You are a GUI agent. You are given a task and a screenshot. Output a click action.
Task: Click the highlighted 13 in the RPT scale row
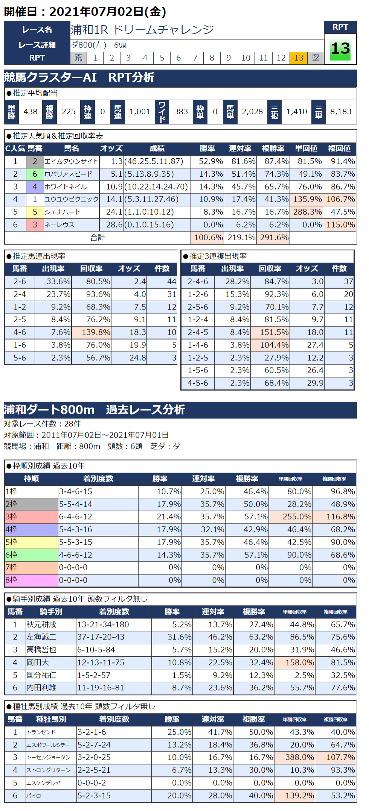299,58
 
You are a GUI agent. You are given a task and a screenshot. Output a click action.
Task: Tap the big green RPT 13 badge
340,49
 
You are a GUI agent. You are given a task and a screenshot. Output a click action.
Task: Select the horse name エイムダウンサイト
72,161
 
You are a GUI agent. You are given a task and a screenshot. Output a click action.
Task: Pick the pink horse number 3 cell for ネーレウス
35,225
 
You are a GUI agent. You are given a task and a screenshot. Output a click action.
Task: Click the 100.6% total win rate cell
207,238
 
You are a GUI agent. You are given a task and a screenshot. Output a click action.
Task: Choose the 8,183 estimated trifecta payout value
340,112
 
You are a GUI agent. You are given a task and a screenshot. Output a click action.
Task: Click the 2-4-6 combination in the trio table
198,282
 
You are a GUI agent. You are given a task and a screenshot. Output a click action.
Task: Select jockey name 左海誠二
41,637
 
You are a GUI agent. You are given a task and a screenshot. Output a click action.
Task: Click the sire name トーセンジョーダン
49,757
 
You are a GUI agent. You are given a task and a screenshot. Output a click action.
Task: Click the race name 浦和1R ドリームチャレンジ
142,30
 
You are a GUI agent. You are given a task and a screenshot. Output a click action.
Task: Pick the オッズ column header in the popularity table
111,149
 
